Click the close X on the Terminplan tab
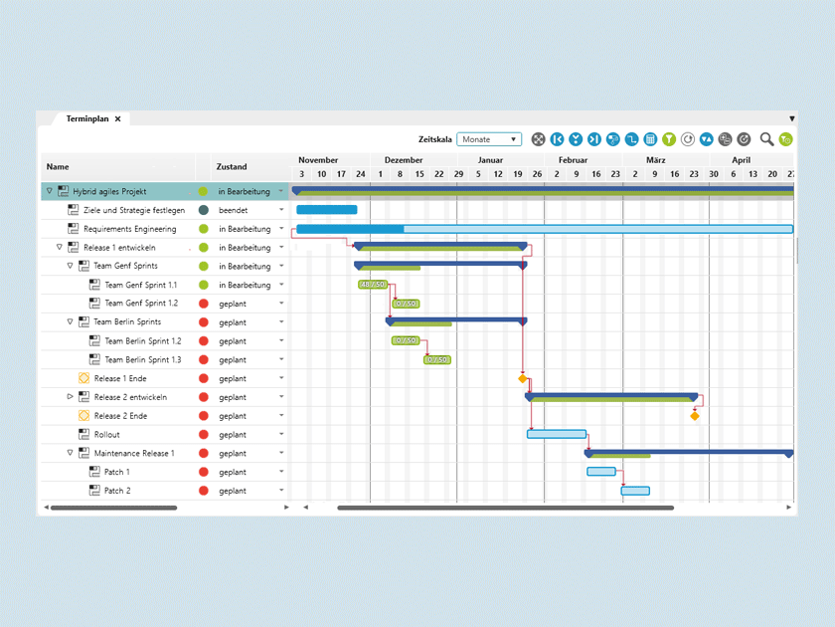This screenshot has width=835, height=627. tap(117, 118)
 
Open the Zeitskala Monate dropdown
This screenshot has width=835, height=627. tap(489, 139)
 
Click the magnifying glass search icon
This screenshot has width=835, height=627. tap(766, 139)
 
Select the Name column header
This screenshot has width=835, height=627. tap(58, 167)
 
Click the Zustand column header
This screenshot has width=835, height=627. tap(232, 167)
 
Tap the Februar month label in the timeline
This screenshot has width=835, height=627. tap(573, 160)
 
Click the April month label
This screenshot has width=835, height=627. tap(741, 160)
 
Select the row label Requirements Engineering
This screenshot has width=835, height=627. tap(129, 229)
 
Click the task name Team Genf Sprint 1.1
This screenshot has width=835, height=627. tap(141, 285)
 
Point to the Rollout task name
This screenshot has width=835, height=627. tap(106, 435)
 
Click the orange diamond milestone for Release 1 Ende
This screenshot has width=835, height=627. tap(523, 378)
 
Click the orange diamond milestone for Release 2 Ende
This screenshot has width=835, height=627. tap(695, 416)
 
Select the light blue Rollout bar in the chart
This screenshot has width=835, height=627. tap(556, 434)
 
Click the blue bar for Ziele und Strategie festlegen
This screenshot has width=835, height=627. tap(326, 210)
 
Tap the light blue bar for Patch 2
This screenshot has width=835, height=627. tap(635, 491)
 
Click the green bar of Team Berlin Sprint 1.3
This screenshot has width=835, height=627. tap(436, 360)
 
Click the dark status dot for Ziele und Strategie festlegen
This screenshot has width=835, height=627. tap(204, 210)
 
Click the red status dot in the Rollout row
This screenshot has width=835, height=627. tap(204, 435)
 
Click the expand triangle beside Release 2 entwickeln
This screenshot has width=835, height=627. tap(71, 397)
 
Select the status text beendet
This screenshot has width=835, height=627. tap(233, 210)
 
